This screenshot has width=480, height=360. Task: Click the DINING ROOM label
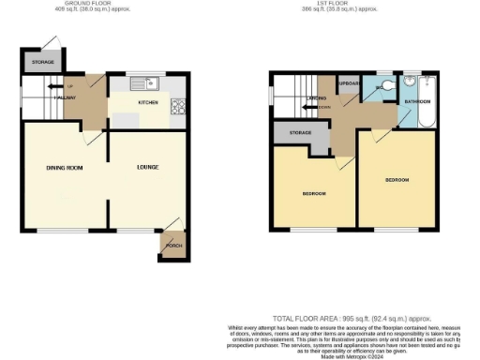66,168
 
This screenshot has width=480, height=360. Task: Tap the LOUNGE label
146,168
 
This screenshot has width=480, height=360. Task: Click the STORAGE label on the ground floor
41,63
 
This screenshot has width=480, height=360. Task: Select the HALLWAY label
66,97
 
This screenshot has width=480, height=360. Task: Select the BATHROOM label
418,101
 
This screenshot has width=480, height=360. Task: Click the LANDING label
315,97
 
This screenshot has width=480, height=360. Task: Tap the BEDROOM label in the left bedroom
313,194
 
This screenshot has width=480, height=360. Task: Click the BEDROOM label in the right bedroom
397,179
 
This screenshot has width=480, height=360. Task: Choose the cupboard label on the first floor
350,83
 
